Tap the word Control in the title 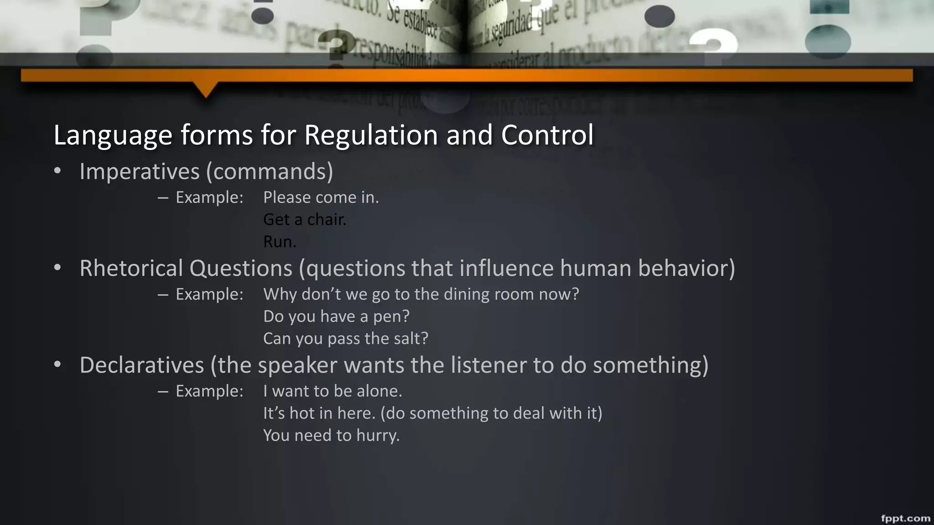point(547,135)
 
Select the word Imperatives point(140,172)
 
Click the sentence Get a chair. point(305,220)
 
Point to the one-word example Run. point(280,242)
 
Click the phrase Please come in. point(321,197)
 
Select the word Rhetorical point(131,268)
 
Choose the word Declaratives point(141,365)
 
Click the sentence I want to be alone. point(332,391)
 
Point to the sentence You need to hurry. point(331,435)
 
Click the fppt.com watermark point(905,518)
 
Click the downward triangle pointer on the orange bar point(206,89)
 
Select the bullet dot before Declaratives point(57,365)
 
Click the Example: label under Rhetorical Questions point(209,294)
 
